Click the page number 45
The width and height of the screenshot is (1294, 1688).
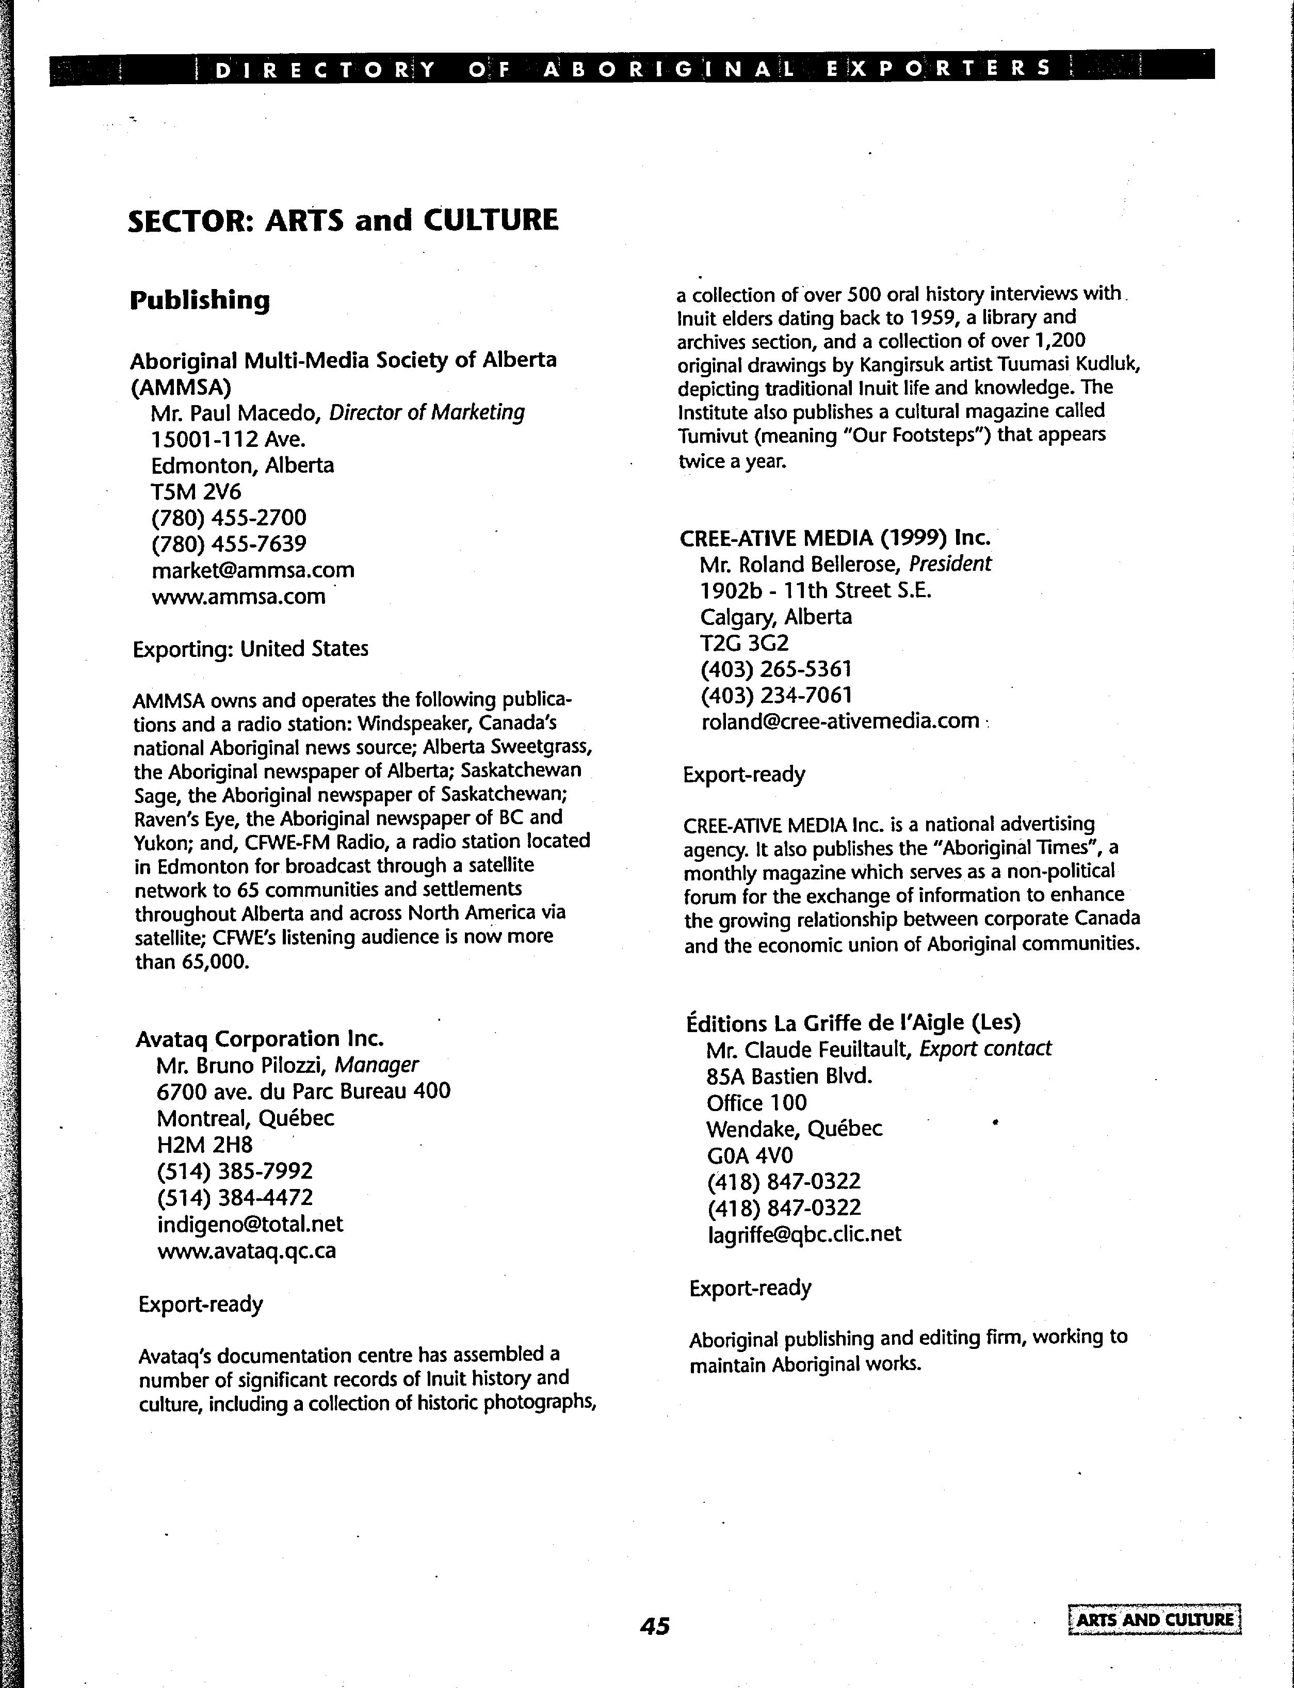pos(655,1626)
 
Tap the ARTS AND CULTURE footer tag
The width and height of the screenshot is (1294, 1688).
pos(1155,1619)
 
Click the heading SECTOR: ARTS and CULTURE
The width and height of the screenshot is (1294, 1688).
pos(343,220)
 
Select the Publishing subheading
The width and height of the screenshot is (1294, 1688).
pos(200,300)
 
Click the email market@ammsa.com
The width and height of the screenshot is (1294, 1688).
pos(253,570)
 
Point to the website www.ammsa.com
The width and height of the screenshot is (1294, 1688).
pos(239,597)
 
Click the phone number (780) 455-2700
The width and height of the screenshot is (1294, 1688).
pos(229,518)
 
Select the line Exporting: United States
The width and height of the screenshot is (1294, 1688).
pos(250,649)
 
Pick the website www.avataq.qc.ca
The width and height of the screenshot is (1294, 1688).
pos(247,1250)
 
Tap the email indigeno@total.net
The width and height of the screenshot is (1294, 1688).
pos(250,1224)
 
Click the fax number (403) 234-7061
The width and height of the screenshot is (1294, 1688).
pos(777,695)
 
